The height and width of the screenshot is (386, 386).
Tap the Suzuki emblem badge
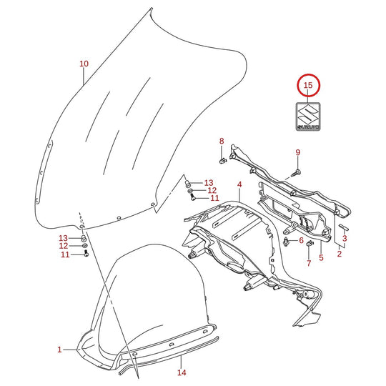[308, 117]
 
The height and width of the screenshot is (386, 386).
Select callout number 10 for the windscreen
[84, 64]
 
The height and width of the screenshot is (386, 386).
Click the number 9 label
[298, 152]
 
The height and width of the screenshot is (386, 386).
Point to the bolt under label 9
[296, 172]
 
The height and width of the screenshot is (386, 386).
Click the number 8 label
[222, 142]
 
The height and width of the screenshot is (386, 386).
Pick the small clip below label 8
[223, 161]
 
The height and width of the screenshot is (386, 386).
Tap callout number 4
[239, 184]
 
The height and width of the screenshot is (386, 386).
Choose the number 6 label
[302, 240]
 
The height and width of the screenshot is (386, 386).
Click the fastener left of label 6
[286, 242]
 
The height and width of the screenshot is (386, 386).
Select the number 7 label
[309, 263]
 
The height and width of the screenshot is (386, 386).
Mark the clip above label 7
[310, 244]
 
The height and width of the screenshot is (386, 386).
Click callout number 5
[321, 258]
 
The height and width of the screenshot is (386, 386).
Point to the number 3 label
[345, 238]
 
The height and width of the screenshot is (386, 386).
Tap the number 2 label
[340, 254]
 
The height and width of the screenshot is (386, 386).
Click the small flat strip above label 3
[343, 227]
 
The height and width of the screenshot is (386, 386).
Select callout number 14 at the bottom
[182, 372]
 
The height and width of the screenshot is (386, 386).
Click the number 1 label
[59, 350]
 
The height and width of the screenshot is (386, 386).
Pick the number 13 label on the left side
[63, 238]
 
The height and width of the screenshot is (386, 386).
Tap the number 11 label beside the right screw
[214, 198]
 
